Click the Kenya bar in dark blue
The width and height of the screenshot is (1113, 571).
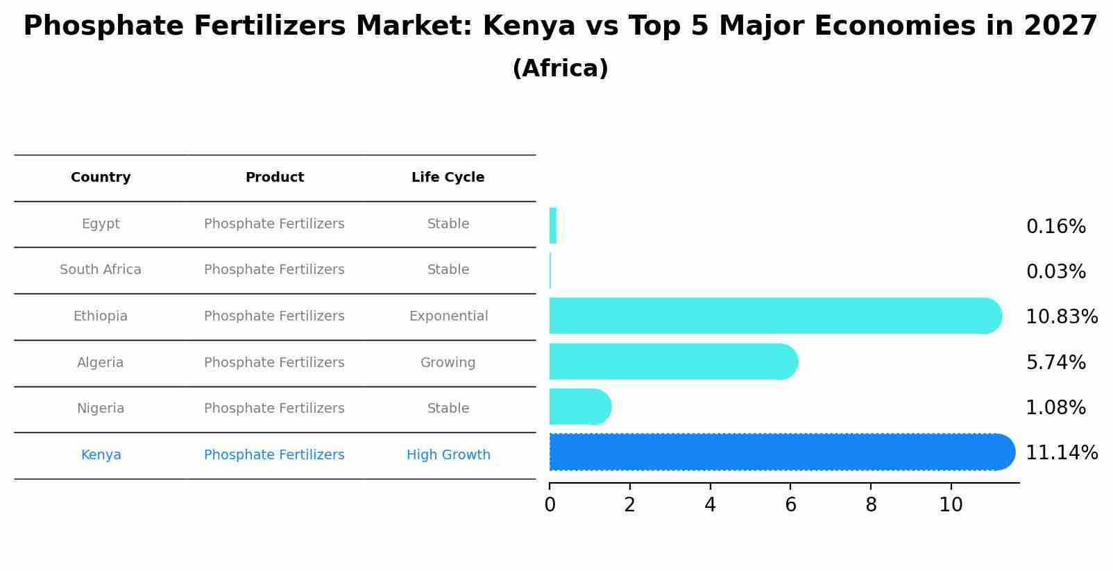coord(781,452)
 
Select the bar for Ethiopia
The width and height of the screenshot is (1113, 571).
coord(774,316)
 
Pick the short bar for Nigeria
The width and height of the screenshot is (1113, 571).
coord(579,407)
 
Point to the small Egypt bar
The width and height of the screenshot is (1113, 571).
coord(553,226)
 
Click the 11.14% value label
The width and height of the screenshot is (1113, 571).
coord(1061,453)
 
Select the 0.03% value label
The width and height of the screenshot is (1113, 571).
coord(1055,272)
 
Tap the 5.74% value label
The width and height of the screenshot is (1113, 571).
coord(1055,363)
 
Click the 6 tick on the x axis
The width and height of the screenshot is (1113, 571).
coord(790,505)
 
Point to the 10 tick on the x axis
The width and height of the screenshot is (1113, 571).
coord(951,505)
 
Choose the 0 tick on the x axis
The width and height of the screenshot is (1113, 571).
coord(550,505)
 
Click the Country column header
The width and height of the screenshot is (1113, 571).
coord(101,178)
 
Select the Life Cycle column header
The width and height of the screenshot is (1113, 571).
coord(448,178)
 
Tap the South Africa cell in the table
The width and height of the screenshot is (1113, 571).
coord(101,270)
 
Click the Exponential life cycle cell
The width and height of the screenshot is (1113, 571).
coord(448,316)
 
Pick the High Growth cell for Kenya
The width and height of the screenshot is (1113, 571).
coord(448,455)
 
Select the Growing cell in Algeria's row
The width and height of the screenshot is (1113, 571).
coord(448,363)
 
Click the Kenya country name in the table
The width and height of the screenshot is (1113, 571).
coord(101,455)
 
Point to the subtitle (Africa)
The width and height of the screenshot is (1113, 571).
coord(560,69)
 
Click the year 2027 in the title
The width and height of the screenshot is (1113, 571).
coord(1060,26)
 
